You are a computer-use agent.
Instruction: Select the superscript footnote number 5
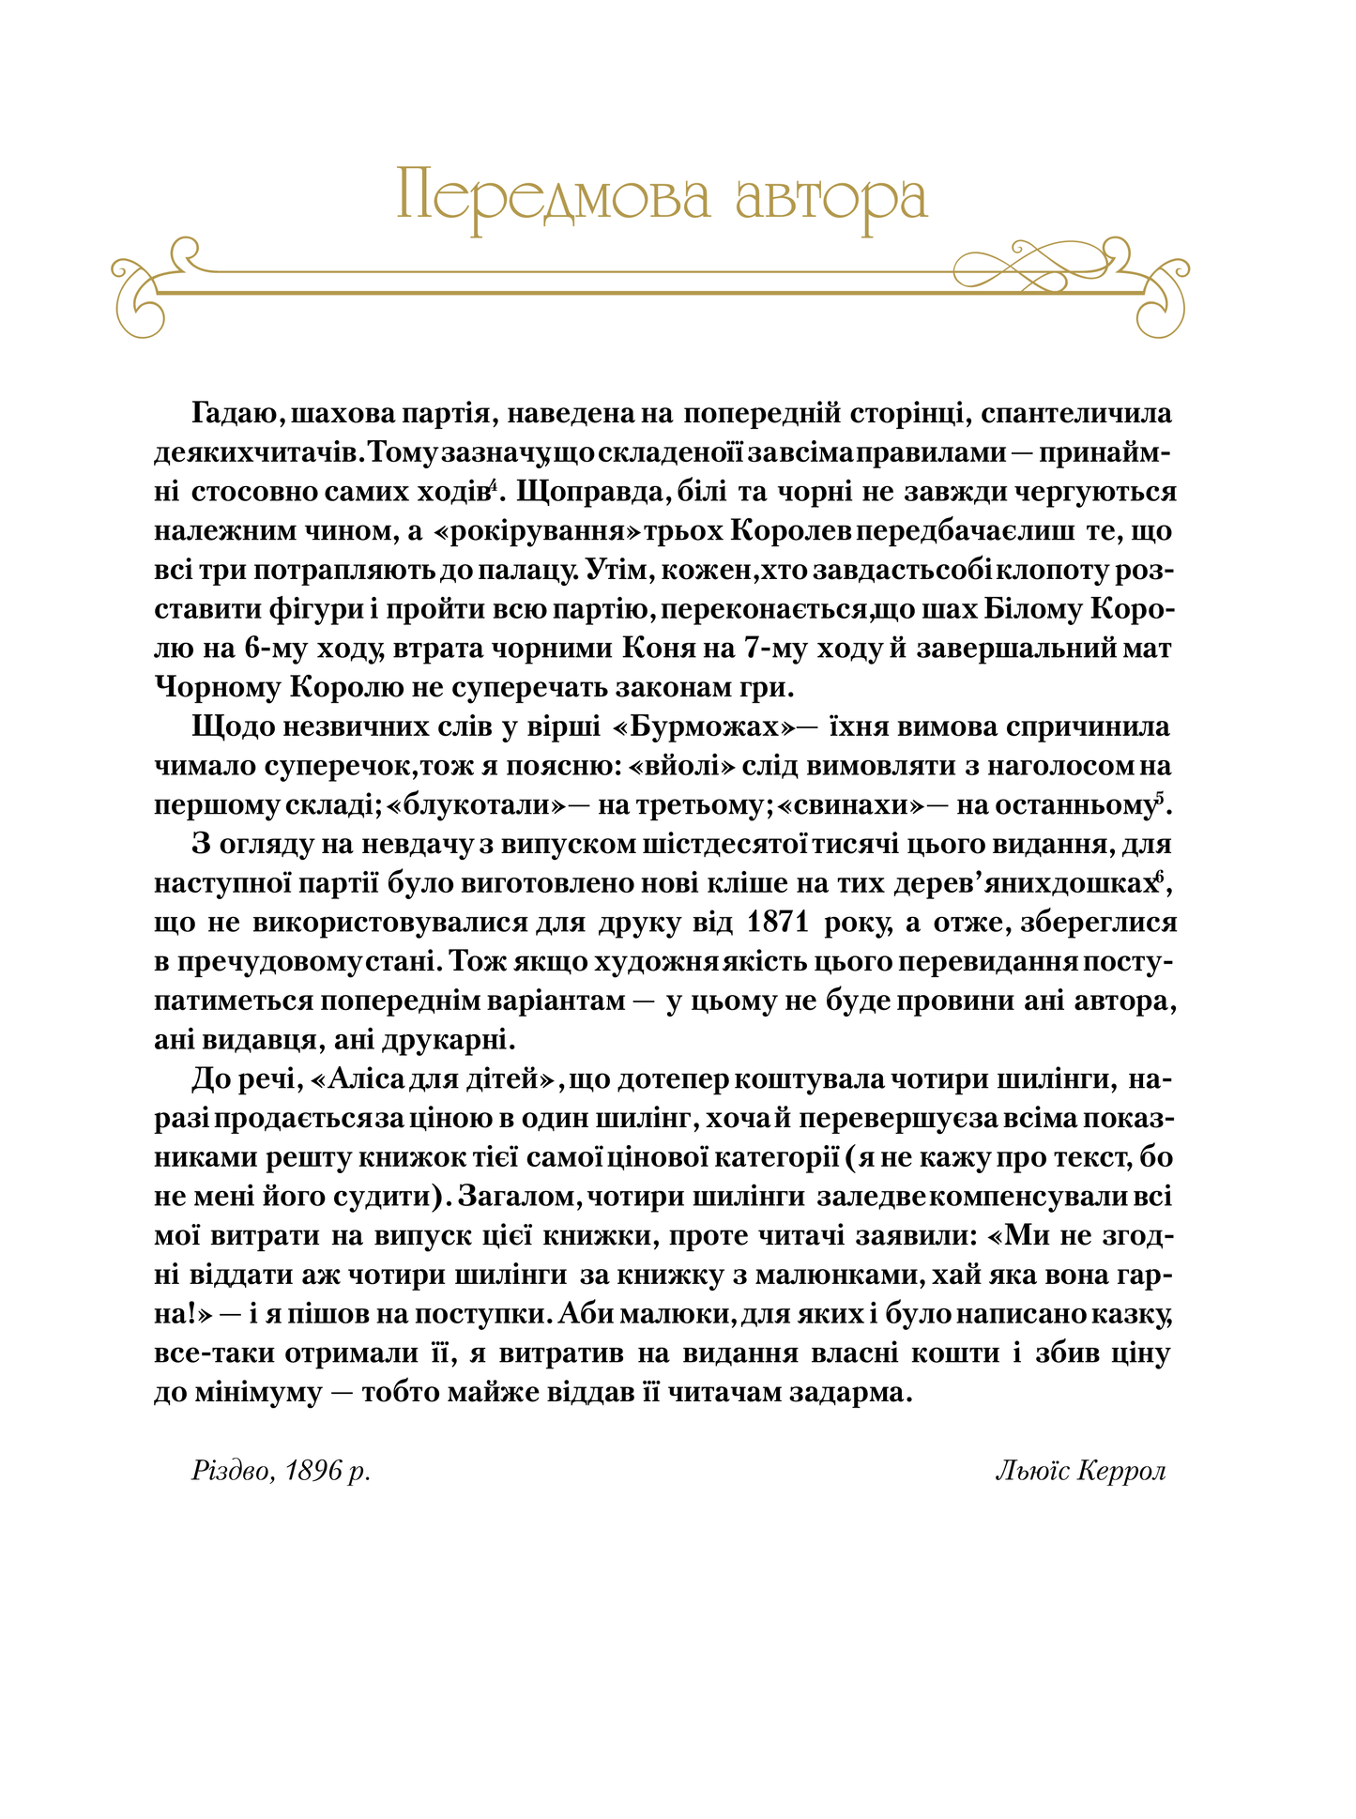click(1160, 799)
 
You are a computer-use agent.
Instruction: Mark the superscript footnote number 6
click(1160, 877)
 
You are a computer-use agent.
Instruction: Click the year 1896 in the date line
click(313, 1472)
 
